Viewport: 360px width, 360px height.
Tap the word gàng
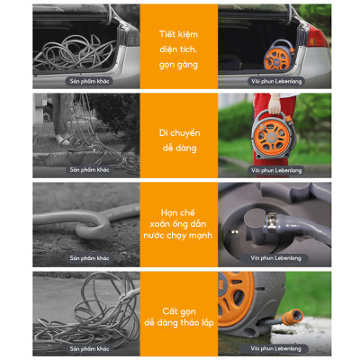tap(187, 65)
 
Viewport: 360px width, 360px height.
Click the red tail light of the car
tap(317, 37)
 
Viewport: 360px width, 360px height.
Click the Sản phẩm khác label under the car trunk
tap(89, 81)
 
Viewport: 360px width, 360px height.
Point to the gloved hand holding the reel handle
tap(274, 103)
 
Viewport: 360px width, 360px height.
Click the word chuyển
tap(184, 133)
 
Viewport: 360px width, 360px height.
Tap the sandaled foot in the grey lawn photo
tap(63, 139)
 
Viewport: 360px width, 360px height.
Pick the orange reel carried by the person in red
tap(274, 135)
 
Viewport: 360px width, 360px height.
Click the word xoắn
tap(159, 224)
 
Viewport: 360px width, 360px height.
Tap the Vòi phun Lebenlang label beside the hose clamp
tap(275, 258)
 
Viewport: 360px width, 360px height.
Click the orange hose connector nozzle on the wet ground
tap(292, 317)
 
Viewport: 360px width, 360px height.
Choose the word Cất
tap(170, 311)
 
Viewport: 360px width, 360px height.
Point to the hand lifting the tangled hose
tap(128, 294)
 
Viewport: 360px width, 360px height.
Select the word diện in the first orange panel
tap(168, 49)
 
